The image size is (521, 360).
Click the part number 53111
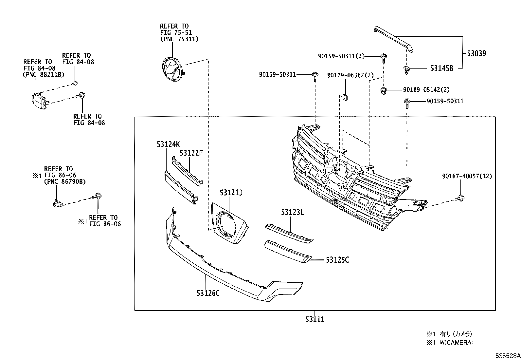coord(315,319)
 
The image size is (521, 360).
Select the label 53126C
coord(208,293)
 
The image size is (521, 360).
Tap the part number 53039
coord(476,53)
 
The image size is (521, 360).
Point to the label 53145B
coord(441,68)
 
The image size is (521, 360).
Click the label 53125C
coord(337,260)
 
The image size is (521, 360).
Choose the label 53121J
coord(231,193)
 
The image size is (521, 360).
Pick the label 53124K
coord(168,144)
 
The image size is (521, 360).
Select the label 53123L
coord(292,212)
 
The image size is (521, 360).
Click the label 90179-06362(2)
coord(350,75)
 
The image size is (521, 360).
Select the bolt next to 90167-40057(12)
coord(460,198)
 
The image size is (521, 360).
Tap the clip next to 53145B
coord(406,69)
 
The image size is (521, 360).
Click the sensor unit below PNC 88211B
coord(39,100)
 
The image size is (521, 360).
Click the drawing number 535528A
coord(507,355)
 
